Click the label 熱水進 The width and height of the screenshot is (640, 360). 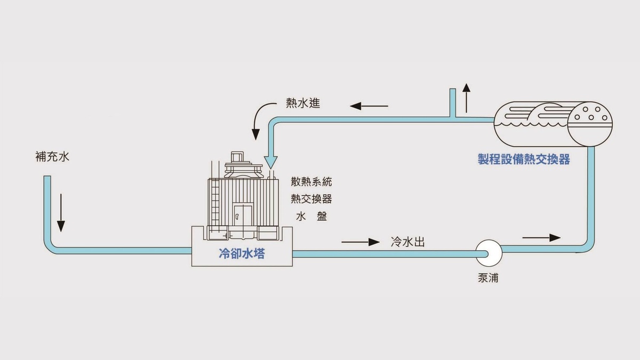click(303, 104)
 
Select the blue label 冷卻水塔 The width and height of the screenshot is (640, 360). click(242, 254)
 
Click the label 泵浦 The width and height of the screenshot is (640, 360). click(489, 278)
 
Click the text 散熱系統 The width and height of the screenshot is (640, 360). click(311, 181)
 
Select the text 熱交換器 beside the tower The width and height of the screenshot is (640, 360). click(311, 198)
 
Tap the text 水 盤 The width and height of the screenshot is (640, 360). click(311, 216)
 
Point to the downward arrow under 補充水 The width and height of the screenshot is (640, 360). click(61, 212)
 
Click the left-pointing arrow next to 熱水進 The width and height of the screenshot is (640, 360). click(369, 106)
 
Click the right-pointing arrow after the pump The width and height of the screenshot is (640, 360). click(541, 237)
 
